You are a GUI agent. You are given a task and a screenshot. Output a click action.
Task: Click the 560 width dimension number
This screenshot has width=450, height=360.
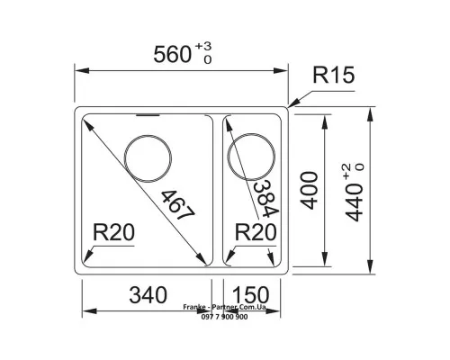[172, 55]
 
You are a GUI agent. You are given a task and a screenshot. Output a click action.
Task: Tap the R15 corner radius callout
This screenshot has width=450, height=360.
[334, 75]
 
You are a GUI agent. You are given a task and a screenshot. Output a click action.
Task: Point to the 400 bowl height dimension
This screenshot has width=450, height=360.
[310, 190]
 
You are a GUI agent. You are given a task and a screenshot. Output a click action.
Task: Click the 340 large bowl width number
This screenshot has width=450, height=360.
[148, 294]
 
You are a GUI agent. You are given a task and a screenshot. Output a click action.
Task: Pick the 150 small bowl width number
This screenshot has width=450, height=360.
[251, 294]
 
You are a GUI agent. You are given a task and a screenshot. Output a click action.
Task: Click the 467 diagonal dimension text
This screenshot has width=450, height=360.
[178, 205]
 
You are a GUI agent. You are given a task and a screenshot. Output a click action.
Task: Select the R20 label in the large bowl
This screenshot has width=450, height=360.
[113, 232]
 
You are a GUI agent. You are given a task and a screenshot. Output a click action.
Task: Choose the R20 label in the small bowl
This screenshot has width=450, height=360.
[256, 232]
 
